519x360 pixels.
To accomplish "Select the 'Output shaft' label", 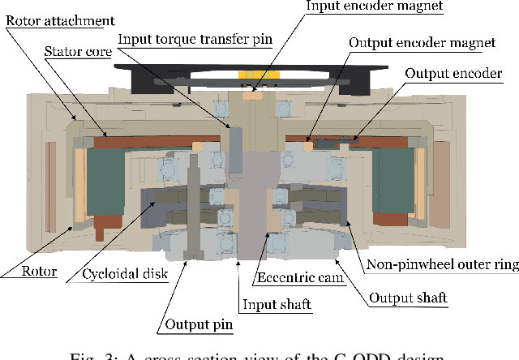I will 409,298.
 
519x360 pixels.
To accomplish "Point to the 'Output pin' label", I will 199,325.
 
